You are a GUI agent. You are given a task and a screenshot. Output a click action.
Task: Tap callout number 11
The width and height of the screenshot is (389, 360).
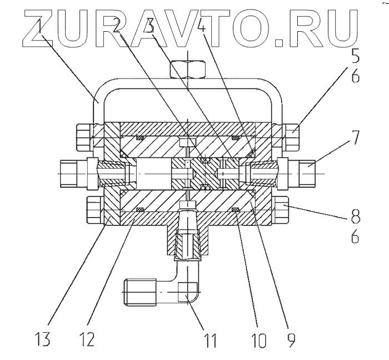[213, 338]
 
